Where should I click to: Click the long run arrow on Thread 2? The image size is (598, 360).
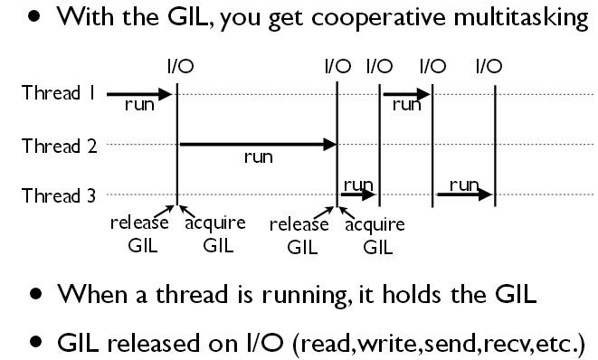click(x=257, y=144)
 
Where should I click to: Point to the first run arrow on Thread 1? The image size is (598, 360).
click(x=139, y=93)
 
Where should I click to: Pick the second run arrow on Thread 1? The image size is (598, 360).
click(x=406, y=93)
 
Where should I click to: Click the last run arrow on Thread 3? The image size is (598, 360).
click(x=464, y=194)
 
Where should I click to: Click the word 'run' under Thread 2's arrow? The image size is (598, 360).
click(x=259, y=157)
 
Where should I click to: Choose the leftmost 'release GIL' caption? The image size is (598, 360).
click(x=134, y=233)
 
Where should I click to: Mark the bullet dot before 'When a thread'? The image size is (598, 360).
click(x=35, y=295)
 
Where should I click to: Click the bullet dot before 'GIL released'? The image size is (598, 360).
click(x=35, y=343)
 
